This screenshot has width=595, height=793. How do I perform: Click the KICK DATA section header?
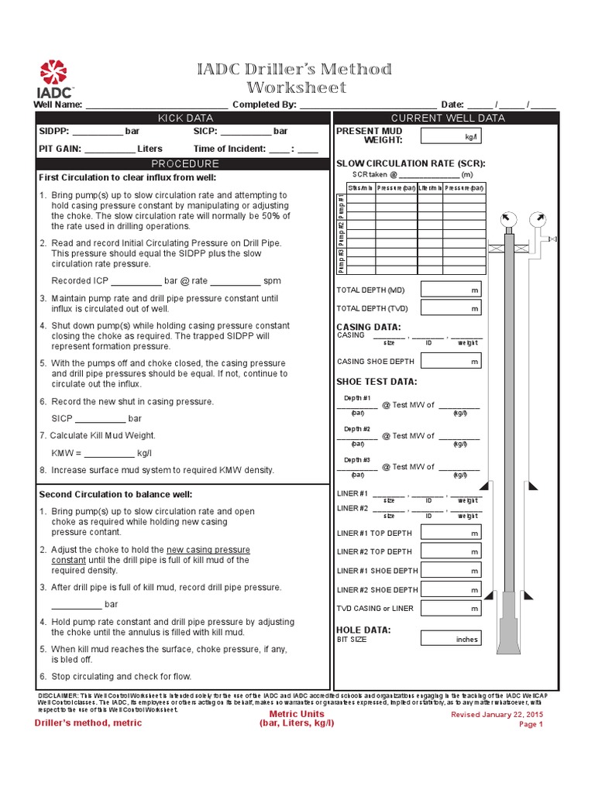click(185, 118)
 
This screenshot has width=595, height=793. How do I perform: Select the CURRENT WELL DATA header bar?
click(447, 118)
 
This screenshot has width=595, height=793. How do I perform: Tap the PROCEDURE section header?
click(185, 164)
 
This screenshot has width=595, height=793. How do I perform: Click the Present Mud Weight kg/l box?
click(451, 136)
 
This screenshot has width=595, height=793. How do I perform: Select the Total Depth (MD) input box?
click(451, 290)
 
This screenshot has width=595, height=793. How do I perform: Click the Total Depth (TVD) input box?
click(451, 308)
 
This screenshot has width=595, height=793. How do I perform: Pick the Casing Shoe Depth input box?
click(451, 361)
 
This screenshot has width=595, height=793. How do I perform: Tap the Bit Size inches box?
click(451, 639)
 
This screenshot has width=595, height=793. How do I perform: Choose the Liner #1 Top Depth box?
click(451, 534)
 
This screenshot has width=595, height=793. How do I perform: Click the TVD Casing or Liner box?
click(451, 609)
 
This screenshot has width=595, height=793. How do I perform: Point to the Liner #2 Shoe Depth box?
click(451, 590)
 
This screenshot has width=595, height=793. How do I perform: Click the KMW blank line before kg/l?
click(108, 454)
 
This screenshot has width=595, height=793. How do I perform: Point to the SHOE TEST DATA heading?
click(377, 382)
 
